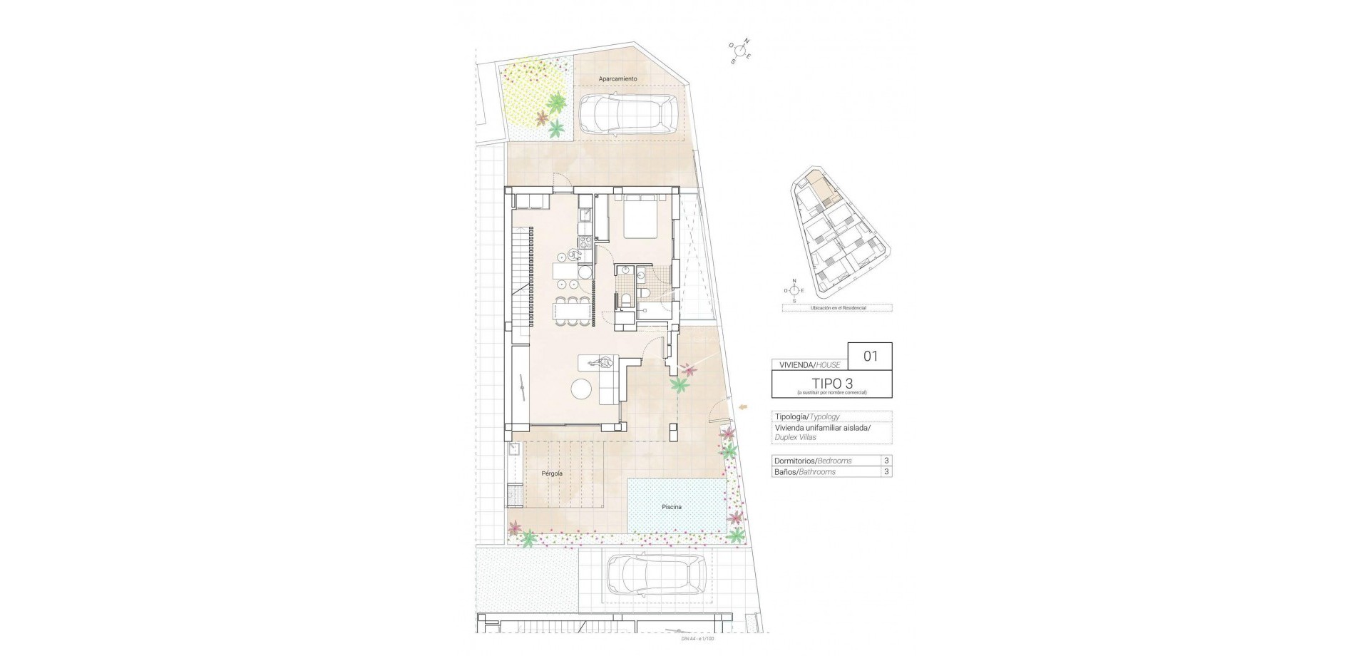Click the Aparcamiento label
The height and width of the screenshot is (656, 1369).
coord(617,78)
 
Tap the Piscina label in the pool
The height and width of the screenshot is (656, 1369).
coord(671,507)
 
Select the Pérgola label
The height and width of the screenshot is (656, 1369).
coord(552,473)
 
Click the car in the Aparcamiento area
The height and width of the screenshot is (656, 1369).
coord(628,116)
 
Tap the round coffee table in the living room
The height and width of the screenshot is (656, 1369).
coord(583,389)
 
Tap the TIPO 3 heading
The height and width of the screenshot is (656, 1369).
coord(831,383)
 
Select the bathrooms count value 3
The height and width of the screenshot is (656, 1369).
coord(886,472)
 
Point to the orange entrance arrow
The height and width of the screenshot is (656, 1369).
coord(744,406)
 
